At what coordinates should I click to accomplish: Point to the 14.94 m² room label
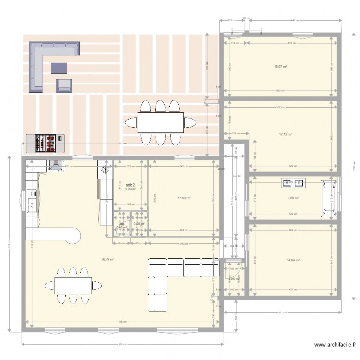[x=293, y=260]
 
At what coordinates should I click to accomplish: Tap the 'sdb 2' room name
[x=130, y=185]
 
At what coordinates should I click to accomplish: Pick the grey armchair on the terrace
[x=64, y=85]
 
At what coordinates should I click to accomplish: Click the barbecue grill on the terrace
[x=44, y=142]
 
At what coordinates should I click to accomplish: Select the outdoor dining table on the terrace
[x=160, y=122]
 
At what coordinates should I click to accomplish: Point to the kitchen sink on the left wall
[x=32, y=205]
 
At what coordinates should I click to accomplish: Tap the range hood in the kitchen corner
[x=54, y=166]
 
